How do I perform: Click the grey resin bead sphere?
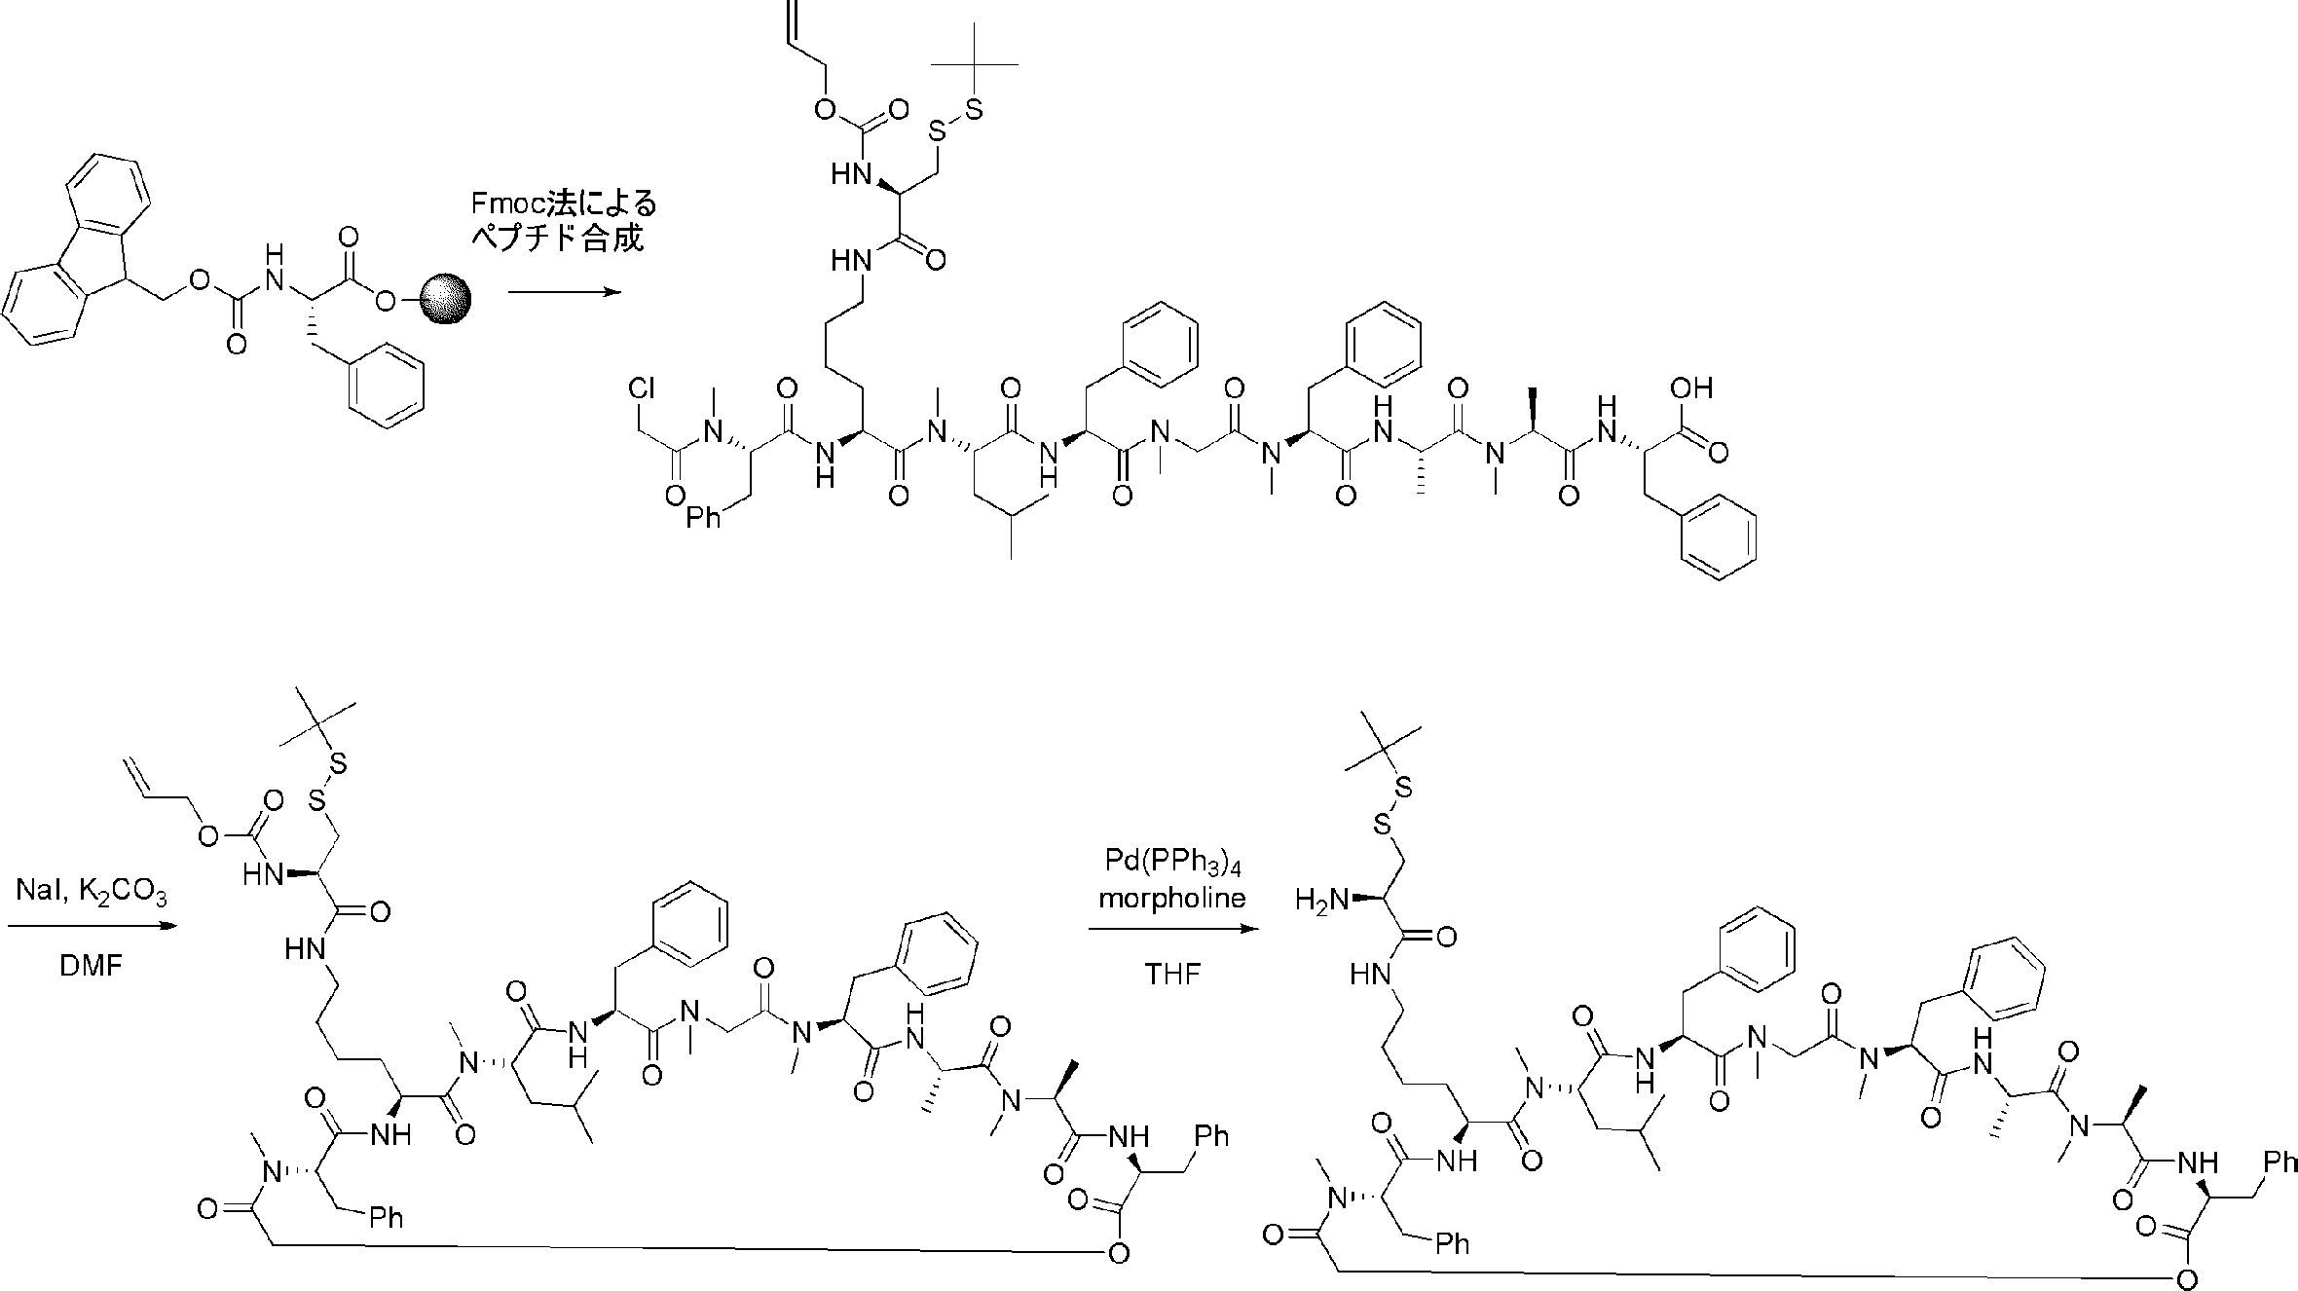click(x=446, y=300)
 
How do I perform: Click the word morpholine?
click(x=1172, y=898)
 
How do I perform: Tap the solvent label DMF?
click(x=90, y=967)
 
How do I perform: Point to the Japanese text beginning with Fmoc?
click(x=564, y=221)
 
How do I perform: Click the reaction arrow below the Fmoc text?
click(x=564, y=291)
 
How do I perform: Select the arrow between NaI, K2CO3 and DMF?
click(x=93, y=926)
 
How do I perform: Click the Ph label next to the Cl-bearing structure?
click(x=703, y=518)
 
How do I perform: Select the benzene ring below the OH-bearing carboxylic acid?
click(x=1719, y=536)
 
